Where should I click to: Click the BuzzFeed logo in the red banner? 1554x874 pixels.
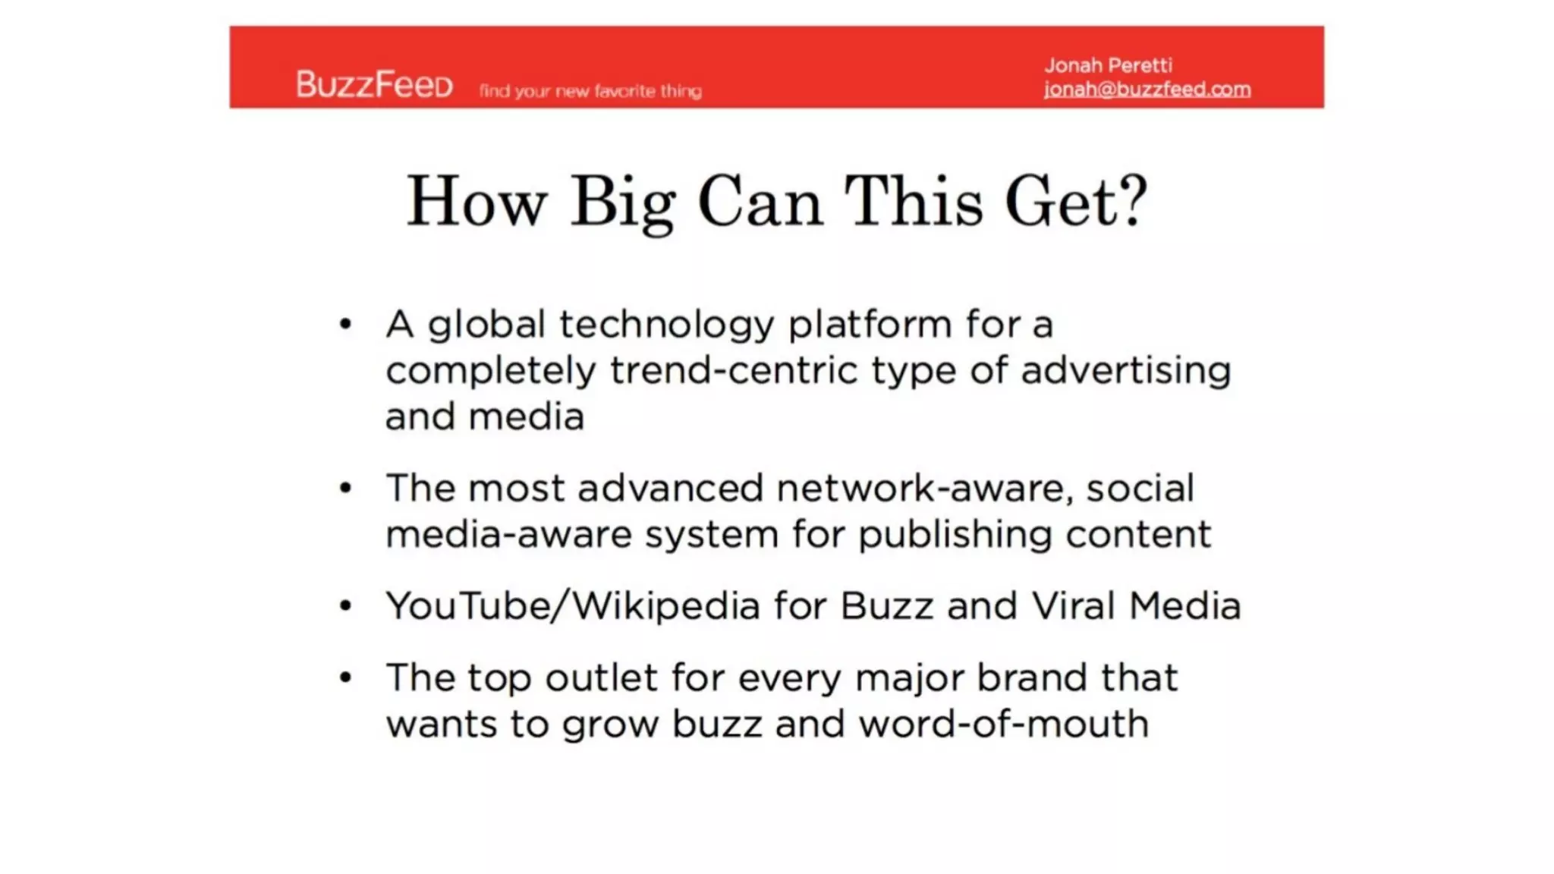pyautogui.click(x=374, y=84)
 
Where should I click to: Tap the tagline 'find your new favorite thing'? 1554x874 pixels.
pyautogui.click(x=590, y=91)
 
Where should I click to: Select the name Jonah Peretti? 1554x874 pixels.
pyautogui.click(x=1108, y=65)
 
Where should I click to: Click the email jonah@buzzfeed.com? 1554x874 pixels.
pyautogui.click(x=1147, y=90)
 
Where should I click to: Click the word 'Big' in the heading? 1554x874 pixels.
pyautogui.click(x=623, y=203)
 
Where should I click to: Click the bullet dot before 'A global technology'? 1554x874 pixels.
pyautogui.click(x=346, y=325)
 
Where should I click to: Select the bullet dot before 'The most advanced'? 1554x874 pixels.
pyautogui.click(x=346, y=488)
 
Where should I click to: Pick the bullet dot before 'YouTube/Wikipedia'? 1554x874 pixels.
pyautogui.click(x=346, y=605)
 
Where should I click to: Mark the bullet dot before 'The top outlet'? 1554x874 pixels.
pyautogui.click(x=346, y=677)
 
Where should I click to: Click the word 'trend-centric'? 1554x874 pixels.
pyautogui.click(x=733, y=371)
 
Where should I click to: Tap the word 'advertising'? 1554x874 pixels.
pyautogui.click(x=1125, y=371)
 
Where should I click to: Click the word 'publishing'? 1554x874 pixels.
pyautogui.click(x=955, y=535)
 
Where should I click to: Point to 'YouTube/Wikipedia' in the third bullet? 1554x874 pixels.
pyautogui.click(x=573, y=606)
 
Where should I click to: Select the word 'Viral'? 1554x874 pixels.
pyautogui.click(x=1073, y=606)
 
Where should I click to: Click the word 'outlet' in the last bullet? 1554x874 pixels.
pyautogui.click(x=601, y=678)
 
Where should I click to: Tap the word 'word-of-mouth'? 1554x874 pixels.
pyautogui.click(x=1004, y=724)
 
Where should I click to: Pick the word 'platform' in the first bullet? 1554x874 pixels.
pyautogui.click(x=870, y=325)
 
